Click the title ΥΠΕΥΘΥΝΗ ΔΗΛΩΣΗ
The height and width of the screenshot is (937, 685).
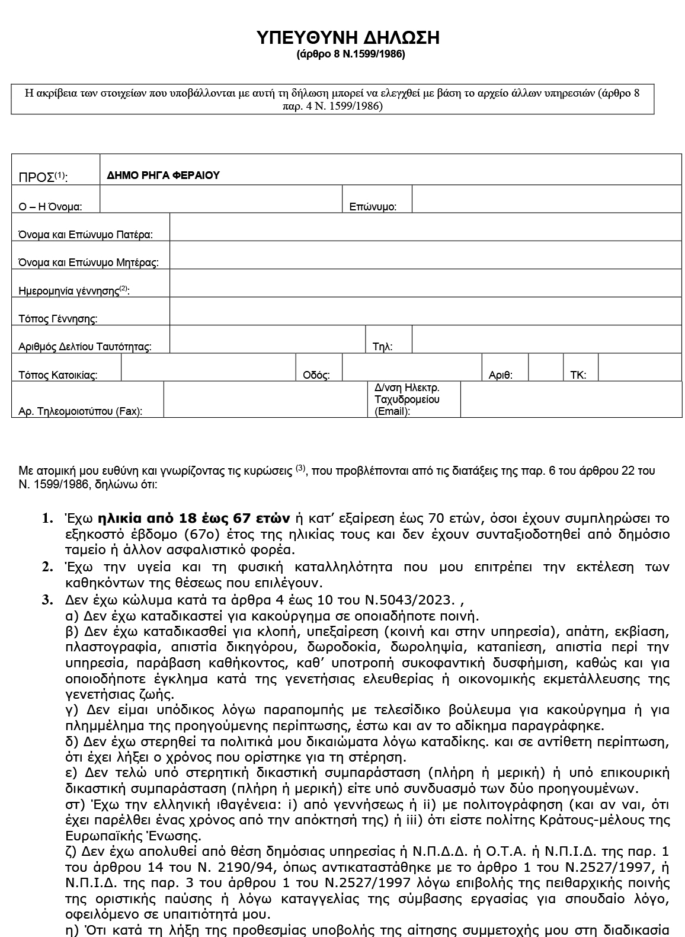pyautogui.click(x=348, y=38)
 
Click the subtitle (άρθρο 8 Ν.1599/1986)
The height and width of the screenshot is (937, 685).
pyautogui.click(x=350, y=55)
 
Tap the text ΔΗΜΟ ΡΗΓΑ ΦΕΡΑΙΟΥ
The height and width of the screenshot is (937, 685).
pyautogui.click(x=163, y=175)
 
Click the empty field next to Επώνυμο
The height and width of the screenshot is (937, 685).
pyautogui.click(x=546, y=199)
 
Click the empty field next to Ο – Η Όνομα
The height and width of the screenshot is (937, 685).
pyautogui.click(x=220, y=199)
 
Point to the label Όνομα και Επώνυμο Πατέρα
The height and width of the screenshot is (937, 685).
pyautogui.click(x=85, y=235)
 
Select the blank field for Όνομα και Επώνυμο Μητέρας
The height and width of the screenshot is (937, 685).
pyautogui.click(x=425, y=255)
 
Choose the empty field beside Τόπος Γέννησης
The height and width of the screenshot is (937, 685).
pyautogui.click(x=425, y=311)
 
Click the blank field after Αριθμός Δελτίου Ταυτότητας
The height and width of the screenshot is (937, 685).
pyautogui.click(x=267, y=340)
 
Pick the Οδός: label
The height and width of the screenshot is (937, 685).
pyautogui.click(x=316, y=375)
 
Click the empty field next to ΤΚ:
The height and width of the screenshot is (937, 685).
pyautogui.click(x=639, y=368)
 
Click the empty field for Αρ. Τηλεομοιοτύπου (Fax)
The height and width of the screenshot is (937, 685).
pyautogui.click(x=264, y=399)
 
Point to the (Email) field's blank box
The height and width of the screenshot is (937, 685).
pyautogui.click(x=571, y=399)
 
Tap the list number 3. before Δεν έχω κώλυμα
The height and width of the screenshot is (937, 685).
pyautogui.click(x=47, y=599)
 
